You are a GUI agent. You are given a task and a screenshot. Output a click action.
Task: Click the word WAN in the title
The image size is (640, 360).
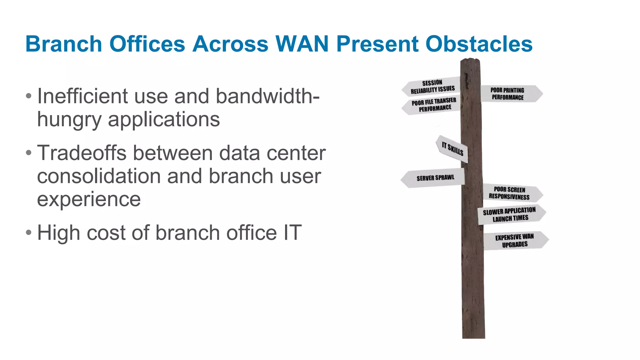302,44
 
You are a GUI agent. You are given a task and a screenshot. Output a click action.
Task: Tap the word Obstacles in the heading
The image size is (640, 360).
479,44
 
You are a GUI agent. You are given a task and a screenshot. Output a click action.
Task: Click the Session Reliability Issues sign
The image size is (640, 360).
432,87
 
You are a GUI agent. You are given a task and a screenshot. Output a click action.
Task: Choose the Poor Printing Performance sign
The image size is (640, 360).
509,94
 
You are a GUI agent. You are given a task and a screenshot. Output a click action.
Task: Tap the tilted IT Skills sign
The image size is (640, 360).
452,149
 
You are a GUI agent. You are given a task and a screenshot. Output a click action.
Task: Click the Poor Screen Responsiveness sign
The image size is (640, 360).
510,193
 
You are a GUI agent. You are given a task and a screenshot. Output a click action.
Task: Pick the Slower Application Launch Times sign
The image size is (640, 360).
510,214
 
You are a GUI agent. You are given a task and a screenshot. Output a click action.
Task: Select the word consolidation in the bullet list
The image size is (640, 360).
99,176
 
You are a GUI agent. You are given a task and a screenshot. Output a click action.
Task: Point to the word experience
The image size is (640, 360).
89,199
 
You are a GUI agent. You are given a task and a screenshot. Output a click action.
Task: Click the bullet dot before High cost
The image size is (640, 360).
29,233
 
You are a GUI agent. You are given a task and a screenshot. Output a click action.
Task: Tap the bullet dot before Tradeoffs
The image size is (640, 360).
29,153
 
